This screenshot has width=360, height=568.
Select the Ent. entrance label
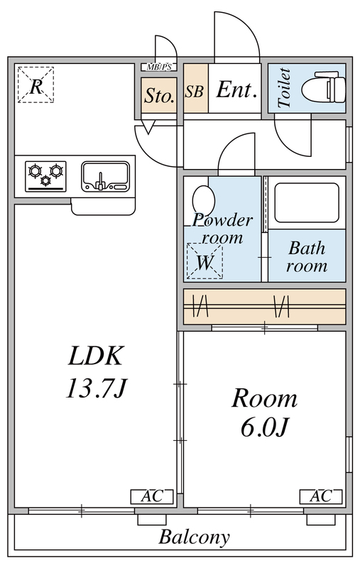point(236,90)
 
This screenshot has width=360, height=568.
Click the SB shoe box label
point(195,92)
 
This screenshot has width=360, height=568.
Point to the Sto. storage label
point(159,97)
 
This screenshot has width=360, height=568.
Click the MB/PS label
point(158,67)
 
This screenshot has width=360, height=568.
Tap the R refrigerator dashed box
point(35,84)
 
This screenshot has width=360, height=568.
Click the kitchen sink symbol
point(105,175)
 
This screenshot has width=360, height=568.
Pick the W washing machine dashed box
point(204,261)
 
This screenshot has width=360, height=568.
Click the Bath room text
point(307,257)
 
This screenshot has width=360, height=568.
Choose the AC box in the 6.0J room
point(316,496)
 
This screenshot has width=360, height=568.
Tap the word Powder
point(223,219)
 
